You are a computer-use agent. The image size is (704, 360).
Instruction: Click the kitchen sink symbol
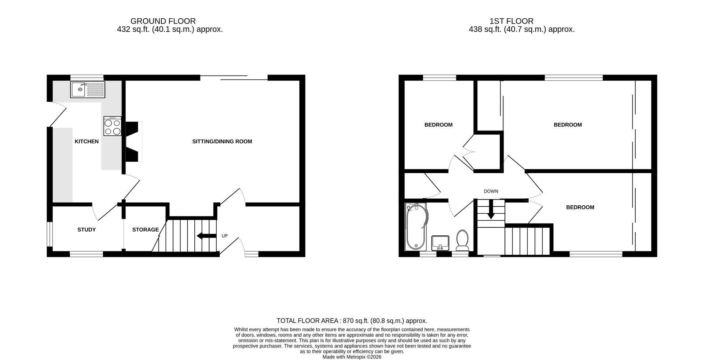point(88,89)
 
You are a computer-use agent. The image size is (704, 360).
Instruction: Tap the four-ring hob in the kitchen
point(113,126)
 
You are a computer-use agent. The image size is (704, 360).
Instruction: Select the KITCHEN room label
point(87,142)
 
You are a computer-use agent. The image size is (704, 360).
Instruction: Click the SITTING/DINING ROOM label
point(222,142)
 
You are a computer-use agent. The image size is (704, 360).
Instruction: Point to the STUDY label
point(87,230)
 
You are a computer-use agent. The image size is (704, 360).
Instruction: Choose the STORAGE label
point(146,230)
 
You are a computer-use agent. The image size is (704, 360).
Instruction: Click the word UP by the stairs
point(225,236)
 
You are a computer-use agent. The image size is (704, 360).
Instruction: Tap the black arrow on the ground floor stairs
point(206,236)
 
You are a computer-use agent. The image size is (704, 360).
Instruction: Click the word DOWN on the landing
point(491,191)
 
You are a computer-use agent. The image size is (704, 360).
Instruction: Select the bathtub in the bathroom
point(417,227)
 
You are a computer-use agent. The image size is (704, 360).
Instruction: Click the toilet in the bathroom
point(462,240)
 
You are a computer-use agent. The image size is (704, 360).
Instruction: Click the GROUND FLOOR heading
point(163,21)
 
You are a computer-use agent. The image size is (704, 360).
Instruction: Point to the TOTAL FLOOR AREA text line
point(352,321)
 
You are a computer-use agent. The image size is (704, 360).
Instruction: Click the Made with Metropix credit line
point(352,357)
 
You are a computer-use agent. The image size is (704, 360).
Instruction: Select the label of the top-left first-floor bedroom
point(439,125)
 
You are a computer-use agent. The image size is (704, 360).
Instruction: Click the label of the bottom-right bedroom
point(580,207)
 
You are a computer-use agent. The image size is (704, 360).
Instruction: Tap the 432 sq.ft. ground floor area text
point(170,29)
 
